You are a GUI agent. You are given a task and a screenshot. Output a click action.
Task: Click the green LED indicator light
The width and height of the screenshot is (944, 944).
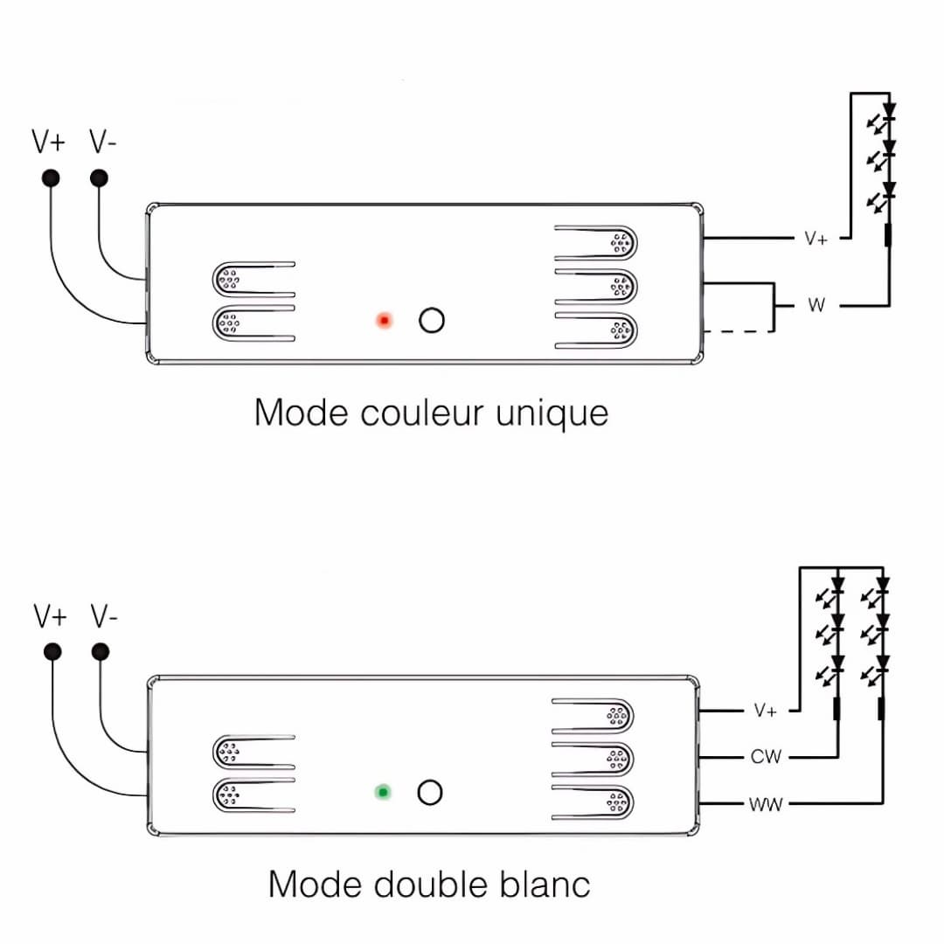[382, 793]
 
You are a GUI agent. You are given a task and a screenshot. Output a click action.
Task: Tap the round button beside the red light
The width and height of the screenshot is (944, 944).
[432, 321]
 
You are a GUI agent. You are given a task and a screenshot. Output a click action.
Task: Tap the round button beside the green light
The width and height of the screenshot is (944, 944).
[429, 793]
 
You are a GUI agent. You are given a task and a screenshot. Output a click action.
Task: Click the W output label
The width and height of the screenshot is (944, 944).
[816, 306]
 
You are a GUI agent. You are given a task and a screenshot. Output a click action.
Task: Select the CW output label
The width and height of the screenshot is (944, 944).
[766, 757]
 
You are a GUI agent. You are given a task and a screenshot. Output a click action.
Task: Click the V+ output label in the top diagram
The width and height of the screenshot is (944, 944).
[816, 239]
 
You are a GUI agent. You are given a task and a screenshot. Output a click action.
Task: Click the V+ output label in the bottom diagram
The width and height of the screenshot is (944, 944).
[766, 711]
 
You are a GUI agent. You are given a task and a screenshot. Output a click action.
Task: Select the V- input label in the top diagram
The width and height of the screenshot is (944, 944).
[103, 142]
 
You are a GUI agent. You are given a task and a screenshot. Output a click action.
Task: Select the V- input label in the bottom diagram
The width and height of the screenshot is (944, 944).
[104, 617]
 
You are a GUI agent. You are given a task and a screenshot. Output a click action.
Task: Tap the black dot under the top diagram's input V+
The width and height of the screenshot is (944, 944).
[51, 178]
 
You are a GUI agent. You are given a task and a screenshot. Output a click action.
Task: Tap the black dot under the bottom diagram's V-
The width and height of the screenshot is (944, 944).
[101, 652]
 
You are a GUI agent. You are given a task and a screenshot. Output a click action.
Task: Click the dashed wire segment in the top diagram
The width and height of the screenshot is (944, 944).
[739, 331]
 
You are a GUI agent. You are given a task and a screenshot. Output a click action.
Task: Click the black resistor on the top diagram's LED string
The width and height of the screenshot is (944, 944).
[889, 234]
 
